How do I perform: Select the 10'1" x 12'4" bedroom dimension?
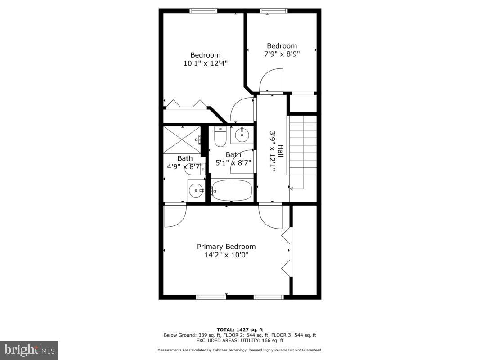pos(205,63)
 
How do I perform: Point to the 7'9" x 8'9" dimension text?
pos(282,54)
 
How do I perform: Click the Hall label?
pos(280,150)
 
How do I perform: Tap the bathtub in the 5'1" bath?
pos(232,191)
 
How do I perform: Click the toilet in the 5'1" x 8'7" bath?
pos(220,136)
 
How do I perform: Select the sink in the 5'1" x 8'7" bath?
pos(242,134)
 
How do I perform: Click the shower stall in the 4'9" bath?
pos(182,139)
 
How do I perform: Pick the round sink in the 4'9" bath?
pos(196,190)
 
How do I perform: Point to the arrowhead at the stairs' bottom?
pos(292,189)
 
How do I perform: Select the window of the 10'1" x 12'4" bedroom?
pos(203,10)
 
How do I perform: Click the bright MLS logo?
pos(29,350)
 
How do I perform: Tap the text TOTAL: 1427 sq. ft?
pos(240,329)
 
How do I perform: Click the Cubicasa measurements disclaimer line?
pos(240,350)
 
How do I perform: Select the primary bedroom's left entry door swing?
pos(175,216)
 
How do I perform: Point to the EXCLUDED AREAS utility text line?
pos(240,341)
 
